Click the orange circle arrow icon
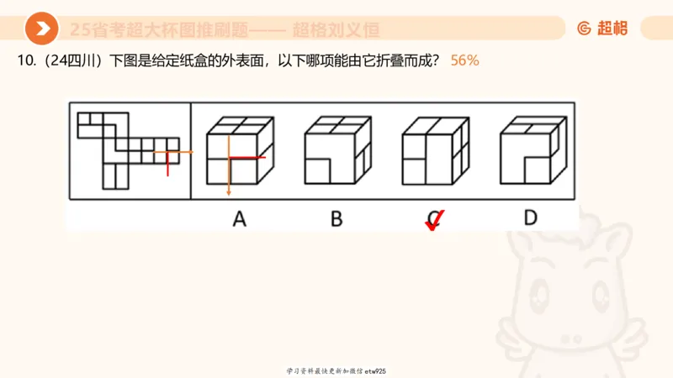coord(41,29)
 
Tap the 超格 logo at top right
coord(602,29)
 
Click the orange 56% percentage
coord(465,61)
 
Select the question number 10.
coord(23,61)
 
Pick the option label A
coord(239,218)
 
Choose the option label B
coord(336,218)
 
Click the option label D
coord(530,218)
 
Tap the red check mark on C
coord(434,221)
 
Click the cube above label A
coord(239,151)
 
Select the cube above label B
coord(336,151)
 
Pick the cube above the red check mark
coord(434,151)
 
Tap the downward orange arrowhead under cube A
coord(227,192)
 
